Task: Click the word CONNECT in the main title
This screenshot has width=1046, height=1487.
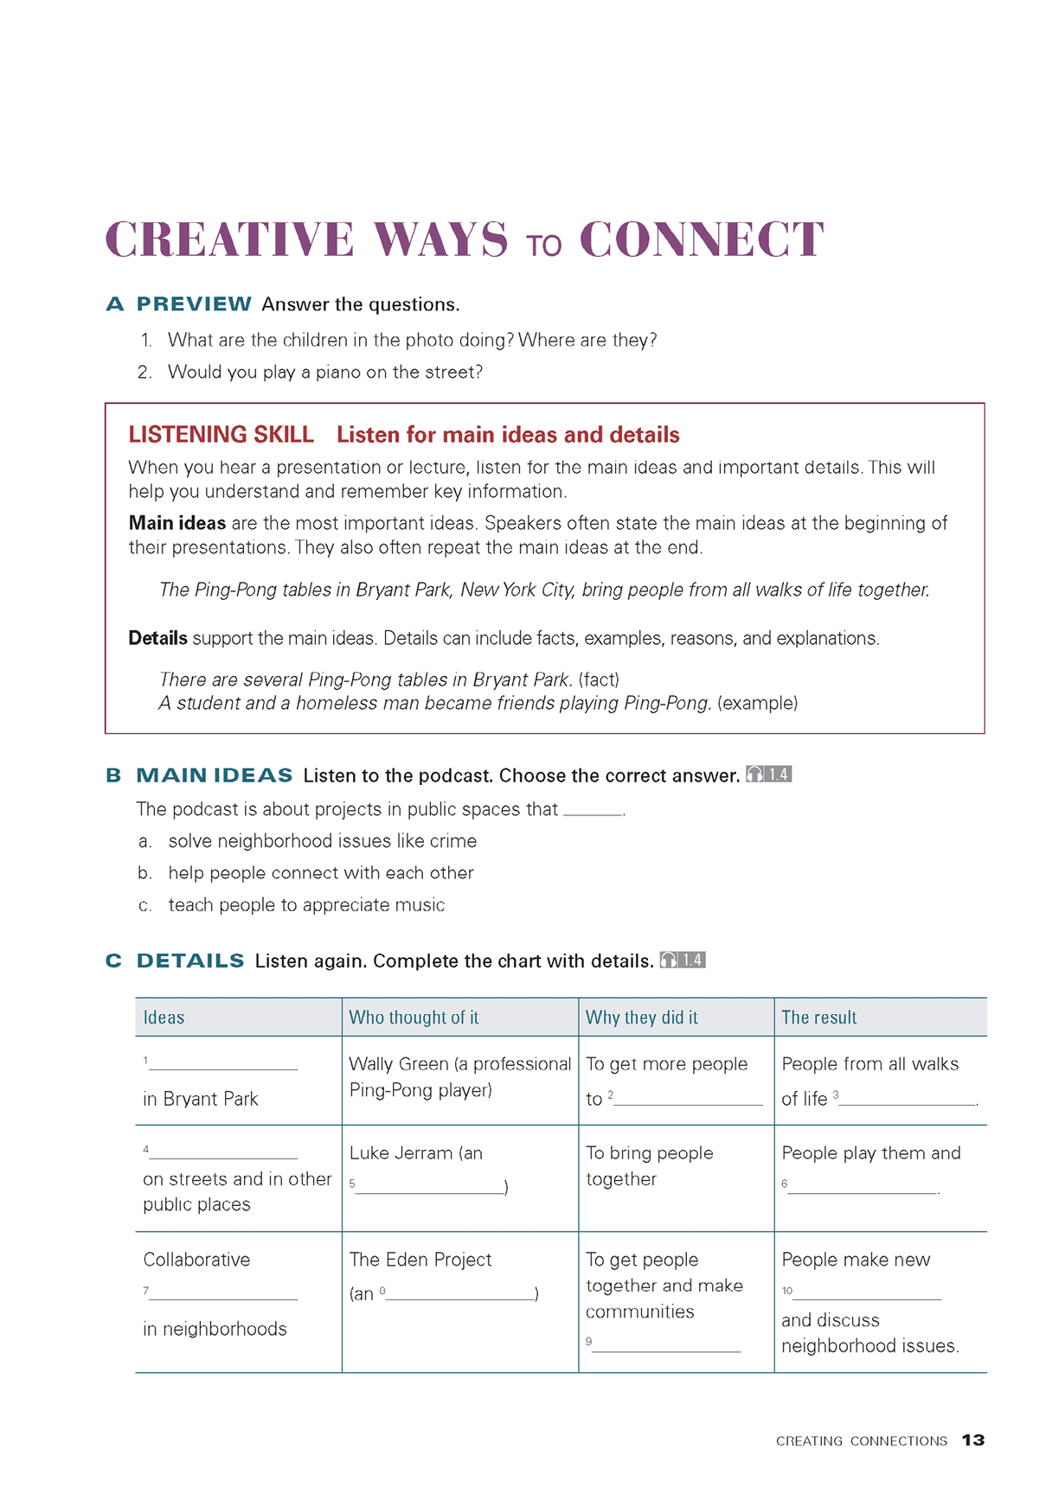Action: tap(701, 239)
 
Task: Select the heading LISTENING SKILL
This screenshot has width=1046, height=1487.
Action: tap(221, 435)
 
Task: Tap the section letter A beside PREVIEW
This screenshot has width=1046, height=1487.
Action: tap(115, 304)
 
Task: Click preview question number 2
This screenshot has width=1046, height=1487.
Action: tap(144, 373)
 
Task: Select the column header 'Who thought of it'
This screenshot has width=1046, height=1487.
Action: tap(414, 1018)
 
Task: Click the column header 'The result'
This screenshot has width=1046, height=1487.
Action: tap(818, 1018)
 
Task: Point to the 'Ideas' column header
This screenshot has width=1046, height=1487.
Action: tap(164, 1018)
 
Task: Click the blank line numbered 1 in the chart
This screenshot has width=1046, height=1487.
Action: tap(222, 1065)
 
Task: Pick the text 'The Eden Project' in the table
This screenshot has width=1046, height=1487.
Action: tap(420, 1260)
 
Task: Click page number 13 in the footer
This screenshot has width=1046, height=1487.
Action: tap(973, 1440)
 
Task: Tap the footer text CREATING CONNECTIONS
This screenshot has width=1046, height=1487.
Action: tap(861, 1441)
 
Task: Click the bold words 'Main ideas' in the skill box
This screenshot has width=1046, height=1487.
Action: tap(176, 523)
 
